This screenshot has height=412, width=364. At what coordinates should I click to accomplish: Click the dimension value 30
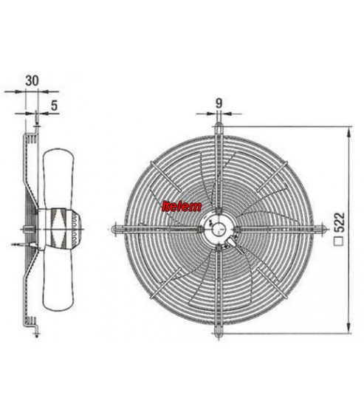click(x=32, y=80)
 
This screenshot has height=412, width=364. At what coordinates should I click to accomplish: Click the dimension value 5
click(x=54, y=106)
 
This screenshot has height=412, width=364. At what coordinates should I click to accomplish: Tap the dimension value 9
click(x=219, y=103)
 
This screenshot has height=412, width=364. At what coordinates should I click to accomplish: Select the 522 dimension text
click(x=340, y=222)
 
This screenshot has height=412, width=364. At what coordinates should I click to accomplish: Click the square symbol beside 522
click(x=340, y=241)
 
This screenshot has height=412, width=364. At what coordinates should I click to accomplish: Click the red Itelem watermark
click(x=182, y=207)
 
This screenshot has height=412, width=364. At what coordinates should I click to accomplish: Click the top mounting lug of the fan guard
click(x=219, y=127)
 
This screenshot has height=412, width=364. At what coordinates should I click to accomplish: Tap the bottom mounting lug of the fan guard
click(x=219, y=332)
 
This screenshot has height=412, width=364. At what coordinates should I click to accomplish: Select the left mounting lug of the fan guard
click(x=115, y=230)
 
